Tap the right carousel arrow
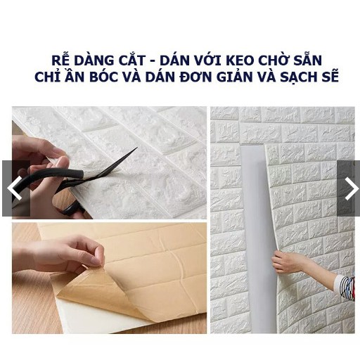coord(349,188)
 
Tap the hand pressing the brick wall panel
coord(286,262)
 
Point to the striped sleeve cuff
coord(345,287)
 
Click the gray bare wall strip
coord(252,232)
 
